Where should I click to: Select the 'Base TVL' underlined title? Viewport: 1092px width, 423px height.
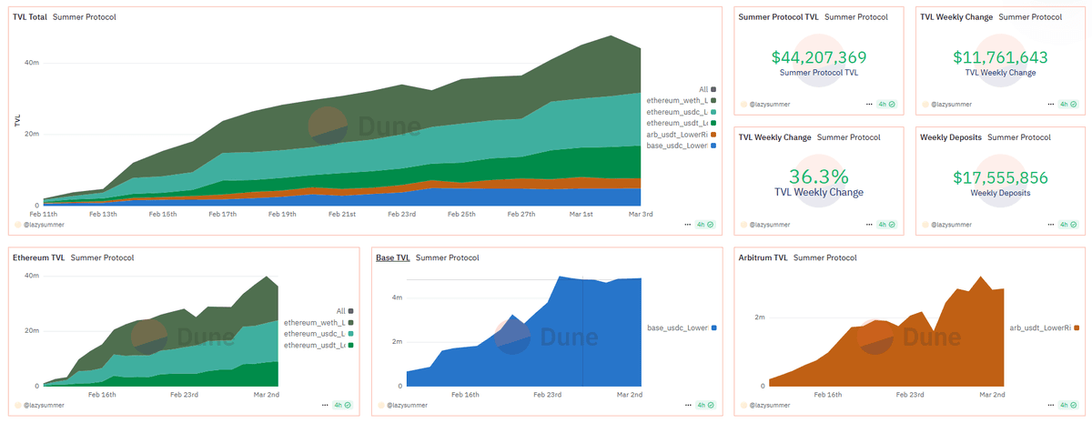pyautogui.click(x=393, y=257)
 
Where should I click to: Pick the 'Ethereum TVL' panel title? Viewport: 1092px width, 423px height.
pyautogui.click(x=38, y=257)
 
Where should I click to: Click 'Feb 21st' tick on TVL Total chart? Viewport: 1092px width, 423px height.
pyautogui.click(x=342, y=214)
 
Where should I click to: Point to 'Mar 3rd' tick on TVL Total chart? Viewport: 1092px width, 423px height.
pyautogui.click(x=641, y=214)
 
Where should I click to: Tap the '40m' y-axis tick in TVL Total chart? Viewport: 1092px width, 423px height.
pyautogui.click(x=31, y=63)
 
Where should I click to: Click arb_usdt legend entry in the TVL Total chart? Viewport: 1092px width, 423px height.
pyautogui.click(x=677, y=135)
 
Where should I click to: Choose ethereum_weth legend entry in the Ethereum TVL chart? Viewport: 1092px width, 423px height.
pyautogui.click(x=315, y=323)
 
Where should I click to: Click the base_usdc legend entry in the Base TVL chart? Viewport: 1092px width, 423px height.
pyautogui.click(x=677, y=327)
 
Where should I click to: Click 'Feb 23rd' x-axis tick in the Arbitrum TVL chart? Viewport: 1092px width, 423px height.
pyautogui.click(x=910, y=395)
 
